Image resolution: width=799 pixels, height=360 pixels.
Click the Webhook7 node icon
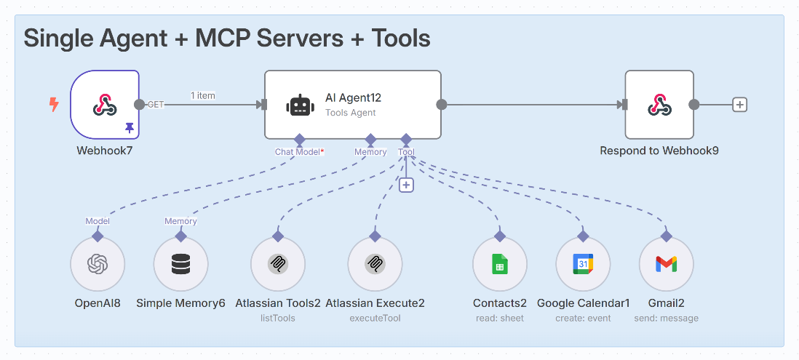(105, 105)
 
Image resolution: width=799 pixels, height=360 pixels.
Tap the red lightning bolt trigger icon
(53, 105)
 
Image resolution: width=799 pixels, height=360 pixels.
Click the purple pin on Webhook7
(130, 127)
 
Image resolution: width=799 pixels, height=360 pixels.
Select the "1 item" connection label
(202, 95)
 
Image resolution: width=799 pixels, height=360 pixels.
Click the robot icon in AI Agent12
(299, 105)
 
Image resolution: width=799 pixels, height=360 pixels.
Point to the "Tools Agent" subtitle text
(351, 113)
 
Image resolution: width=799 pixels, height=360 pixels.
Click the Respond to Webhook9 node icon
(659, 105)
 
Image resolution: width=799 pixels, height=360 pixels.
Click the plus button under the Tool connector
(406, 185)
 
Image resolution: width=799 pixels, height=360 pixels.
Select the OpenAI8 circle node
(98, 264)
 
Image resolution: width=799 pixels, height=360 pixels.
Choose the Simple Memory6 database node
(181, 264)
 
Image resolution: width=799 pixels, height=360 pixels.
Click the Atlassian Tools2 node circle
(277, 264)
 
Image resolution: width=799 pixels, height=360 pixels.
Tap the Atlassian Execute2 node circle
(375, 264)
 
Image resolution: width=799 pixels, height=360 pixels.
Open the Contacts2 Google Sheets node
(499, 264)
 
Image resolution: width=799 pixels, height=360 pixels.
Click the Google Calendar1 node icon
(583, 264)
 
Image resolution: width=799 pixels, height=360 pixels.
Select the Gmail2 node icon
(666, 264)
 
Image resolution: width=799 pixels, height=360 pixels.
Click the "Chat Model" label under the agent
(298, 152)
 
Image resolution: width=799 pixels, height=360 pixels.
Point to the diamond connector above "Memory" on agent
(370, 139)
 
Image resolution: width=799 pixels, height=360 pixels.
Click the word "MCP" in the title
(228, 38)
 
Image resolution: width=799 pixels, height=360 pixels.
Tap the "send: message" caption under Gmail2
(666, 318)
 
